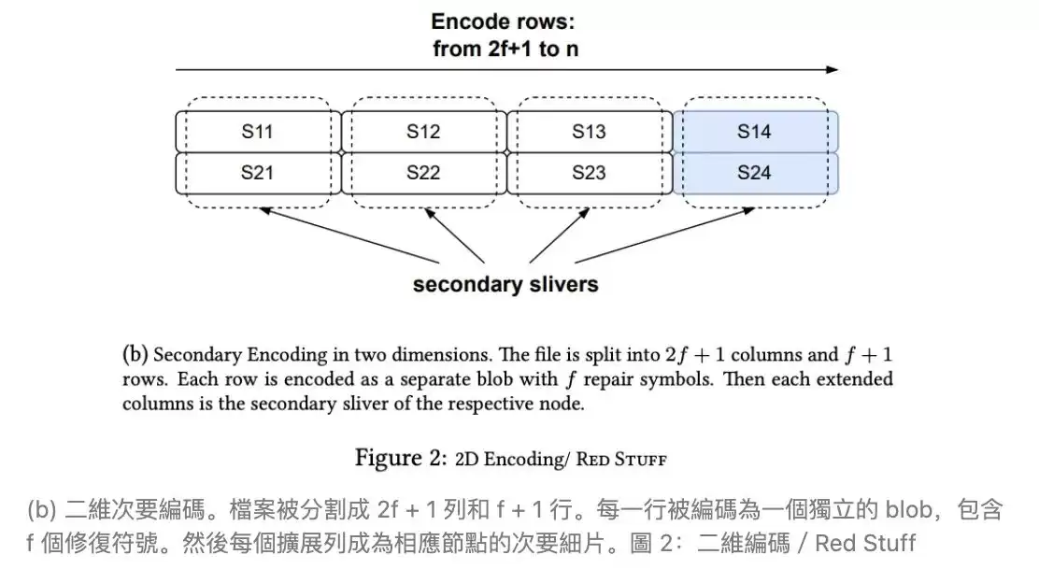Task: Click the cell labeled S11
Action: point(257,132)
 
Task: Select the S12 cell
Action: point(422,132)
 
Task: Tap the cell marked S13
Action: point(589,132)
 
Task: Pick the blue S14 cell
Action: point(754,132)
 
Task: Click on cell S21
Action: point(257,173)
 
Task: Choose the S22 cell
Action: point(422,173)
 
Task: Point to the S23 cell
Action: point(589,173)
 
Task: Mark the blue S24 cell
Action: point(754,173)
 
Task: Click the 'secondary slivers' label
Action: point(505,284)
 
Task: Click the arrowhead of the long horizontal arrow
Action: point(833,69)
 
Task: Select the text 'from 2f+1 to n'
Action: point(505,49)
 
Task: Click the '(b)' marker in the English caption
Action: point(135,355)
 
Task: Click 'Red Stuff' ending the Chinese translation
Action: point(865,543)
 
